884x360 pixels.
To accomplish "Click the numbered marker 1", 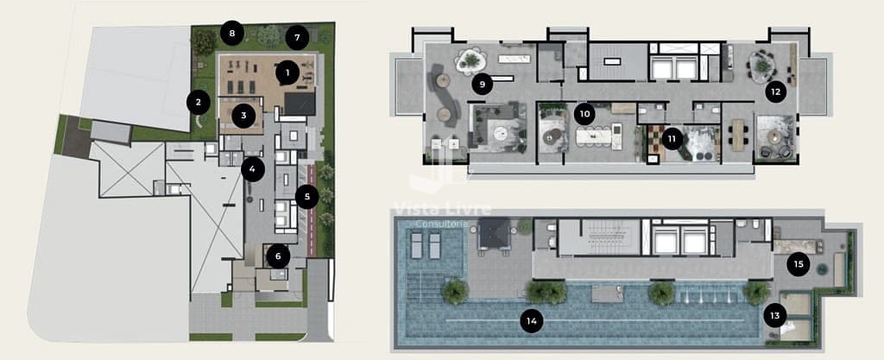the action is [287, 73].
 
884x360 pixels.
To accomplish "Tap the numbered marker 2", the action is [198, 102].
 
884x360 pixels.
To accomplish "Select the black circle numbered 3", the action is [243, 116].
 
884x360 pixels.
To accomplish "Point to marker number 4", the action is [253, 169].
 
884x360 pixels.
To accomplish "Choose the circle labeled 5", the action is [306, 197].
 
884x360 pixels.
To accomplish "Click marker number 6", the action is [278, 256].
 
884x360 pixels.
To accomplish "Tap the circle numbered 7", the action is [297, 38].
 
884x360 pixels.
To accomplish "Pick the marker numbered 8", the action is [231, 33].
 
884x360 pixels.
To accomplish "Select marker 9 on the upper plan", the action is [482, 85].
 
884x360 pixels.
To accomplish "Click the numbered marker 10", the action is [584, 114].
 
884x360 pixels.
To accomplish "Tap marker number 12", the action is [776, 92].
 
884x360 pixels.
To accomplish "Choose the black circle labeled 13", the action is [775, 315].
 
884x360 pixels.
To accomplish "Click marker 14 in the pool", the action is [531, 322].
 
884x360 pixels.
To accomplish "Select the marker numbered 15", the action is [799, 264].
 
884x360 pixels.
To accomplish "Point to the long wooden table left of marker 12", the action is [738, 135].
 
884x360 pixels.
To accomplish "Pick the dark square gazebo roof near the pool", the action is [493, 233].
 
